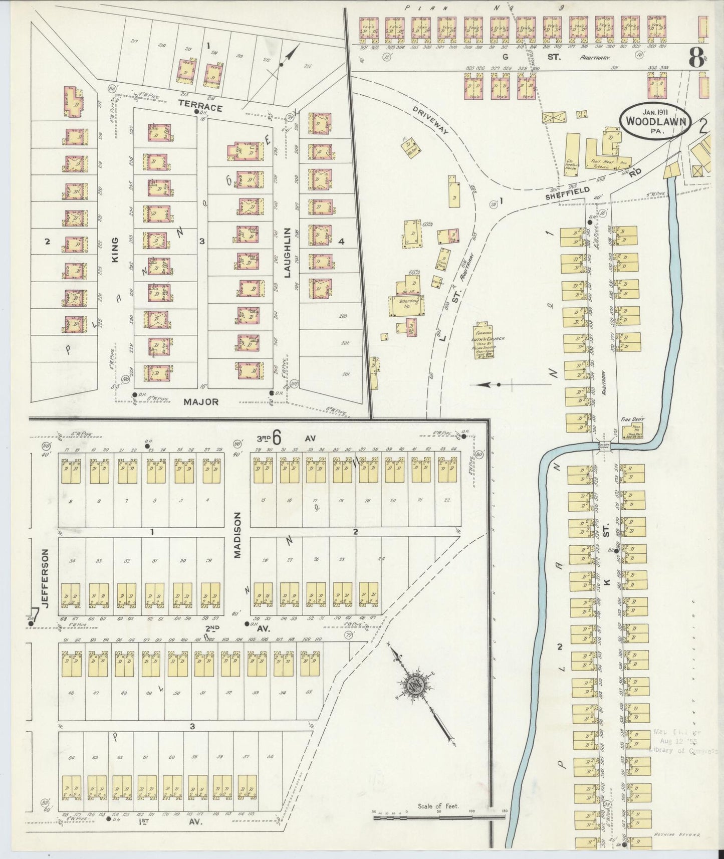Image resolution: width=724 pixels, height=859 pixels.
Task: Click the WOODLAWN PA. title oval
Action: [x=655, y=122]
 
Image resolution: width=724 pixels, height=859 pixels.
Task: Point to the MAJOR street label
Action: [x=201, y=401]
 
